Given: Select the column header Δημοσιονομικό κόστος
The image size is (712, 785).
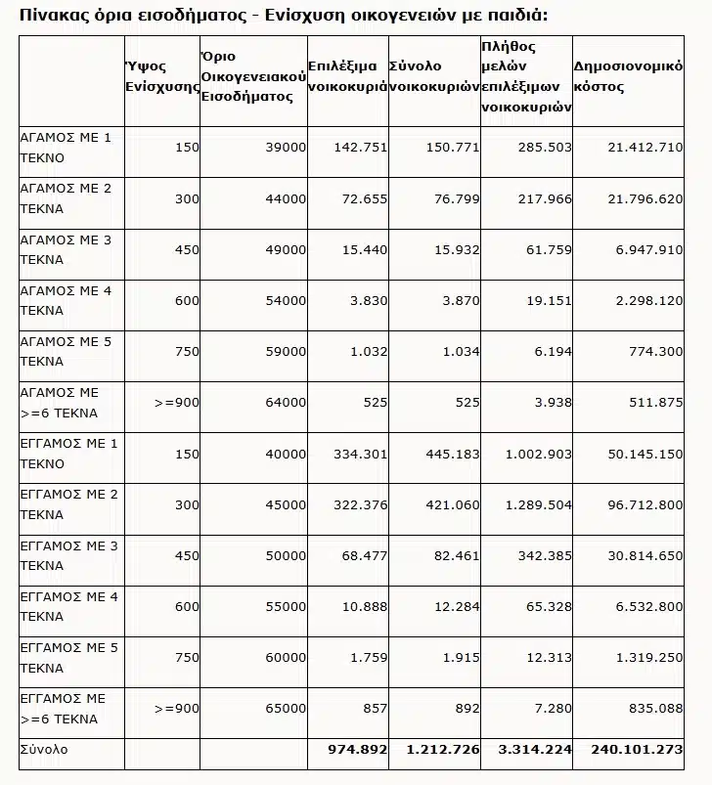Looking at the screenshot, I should (x=627, y=77).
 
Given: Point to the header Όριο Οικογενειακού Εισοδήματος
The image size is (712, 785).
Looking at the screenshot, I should (x=252, y=77).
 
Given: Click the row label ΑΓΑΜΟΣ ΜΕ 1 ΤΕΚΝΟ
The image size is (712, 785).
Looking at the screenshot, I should (x=67, y=147).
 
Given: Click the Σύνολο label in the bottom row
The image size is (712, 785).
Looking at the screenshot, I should (x=44, y=749).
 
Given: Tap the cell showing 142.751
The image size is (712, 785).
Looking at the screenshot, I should (x=361, y=147).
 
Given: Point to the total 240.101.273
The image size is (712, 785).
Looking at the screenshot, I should (x=637, y=749).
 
